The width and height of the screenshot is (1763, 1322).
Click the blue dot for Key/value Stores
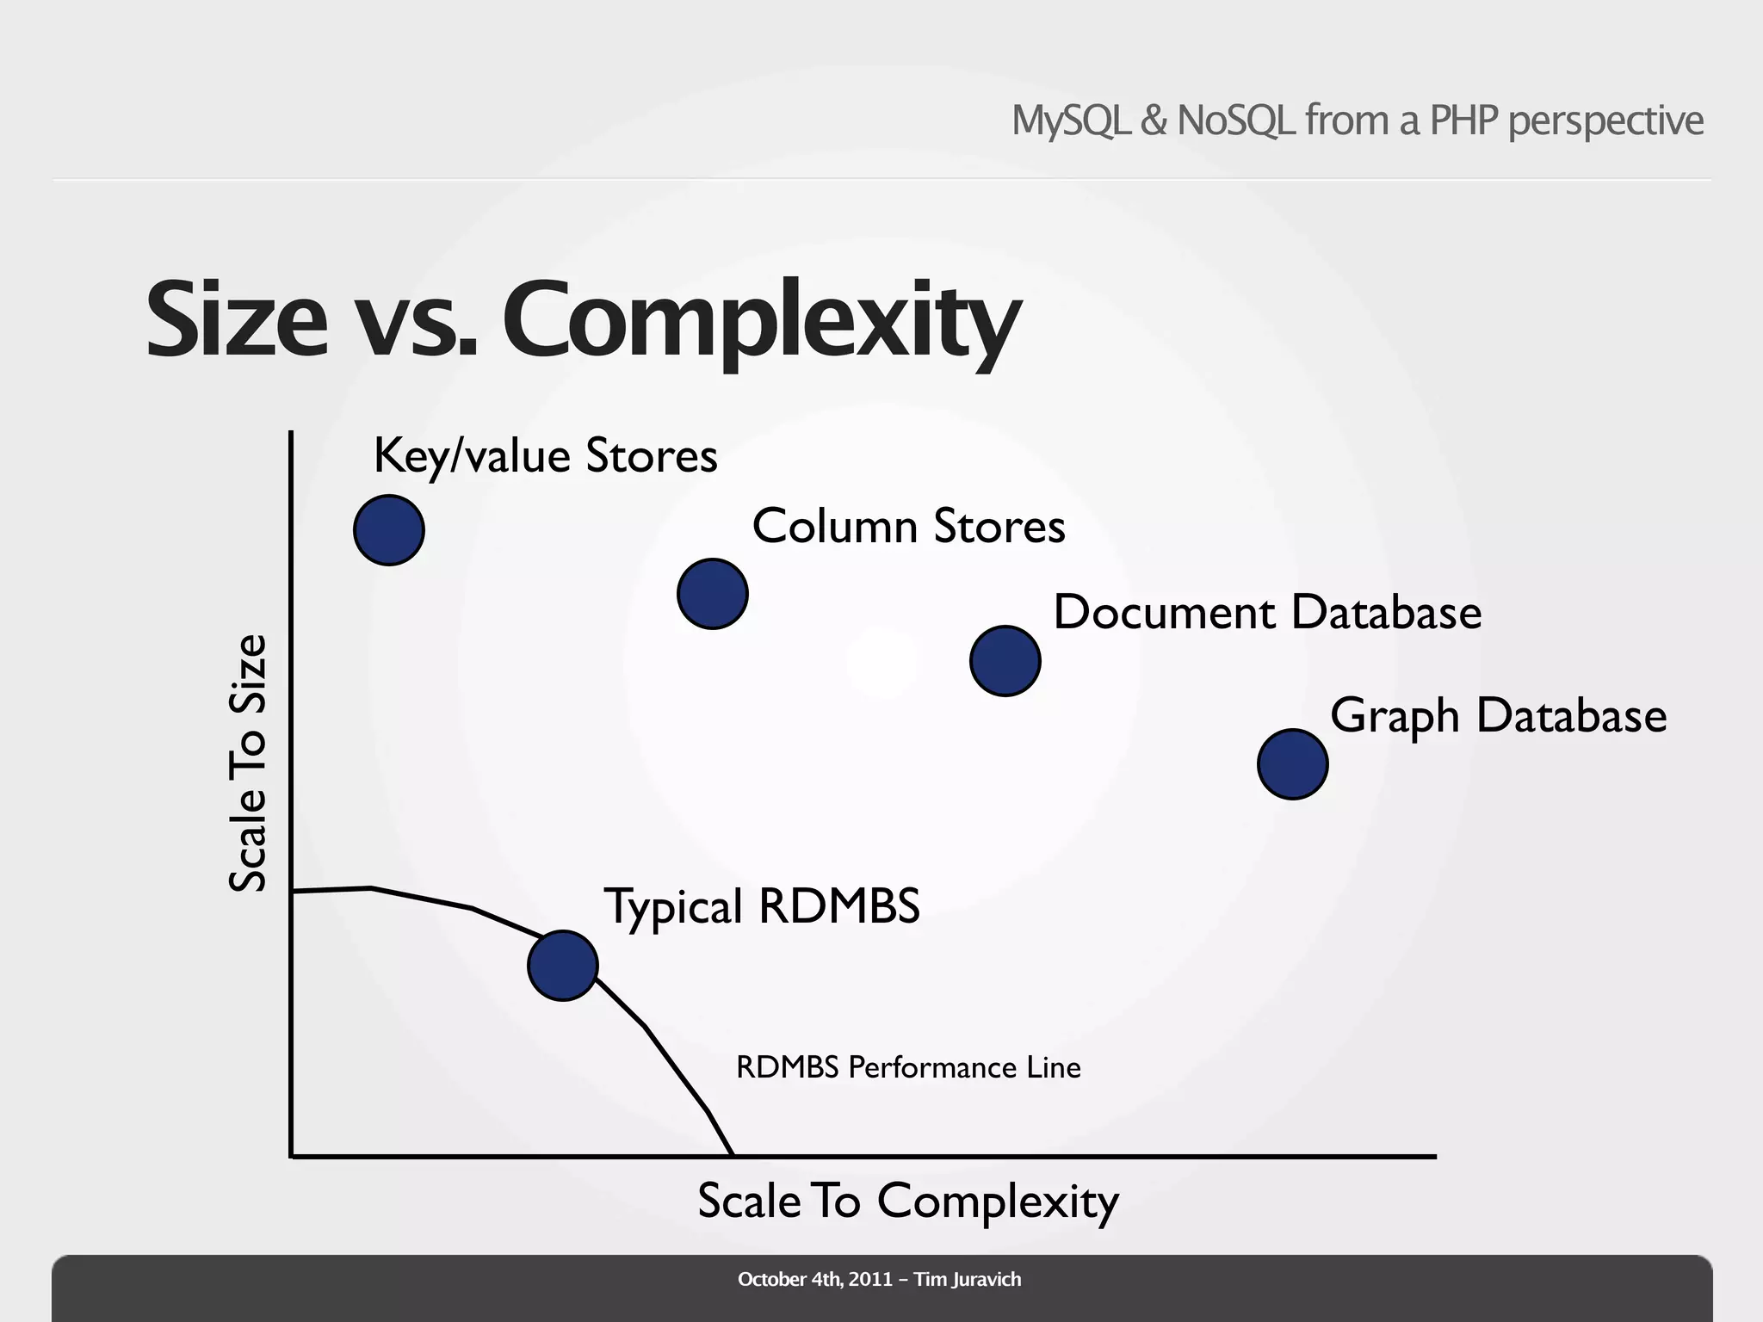[x=389, y=530]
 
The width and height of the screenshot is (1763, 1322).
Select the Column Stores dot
[x=713, y=594]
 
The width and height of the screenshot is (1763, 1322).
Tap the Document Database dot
[x=1005, y=661]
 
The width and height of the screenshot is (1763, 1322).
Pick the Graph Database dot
[x=1293, y=764]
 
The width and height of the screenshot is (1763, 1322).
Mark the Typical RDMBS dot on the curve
[x=563, y=966]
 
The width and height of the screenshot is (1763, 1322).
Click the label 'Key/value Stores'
[x=545, y=455]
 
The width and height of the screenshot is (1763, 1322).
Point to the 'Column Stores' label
[x=908, y=526]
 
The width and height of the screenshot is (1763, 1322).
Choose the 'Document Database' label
[x=1267, y=613]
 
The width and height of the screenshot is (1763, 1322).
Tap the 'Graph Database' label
[x=1498, y=716]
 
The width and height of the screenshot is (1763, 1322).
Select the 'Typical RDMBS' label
[x=762, y=907]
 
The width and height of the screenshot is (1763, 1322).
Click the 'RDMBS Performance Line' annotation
[x=908, y=1067]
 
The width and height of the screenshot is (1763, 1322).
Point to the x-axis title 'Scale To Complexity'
[x=907, y=1202]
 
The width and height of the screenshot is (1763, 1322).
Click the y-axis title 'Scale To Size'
[x=248, y=763]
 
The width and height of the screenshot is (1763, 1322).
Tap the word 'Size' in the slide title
[x=238, y=320]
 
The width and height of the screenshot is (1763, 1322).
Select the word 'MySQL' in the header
[x=1070, y=120]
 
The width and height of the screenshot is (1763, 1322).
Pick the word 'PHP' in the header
[x=1463, y=120]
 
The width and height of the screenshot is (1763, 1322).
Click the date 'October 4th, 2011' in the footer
[x=814, y=1280]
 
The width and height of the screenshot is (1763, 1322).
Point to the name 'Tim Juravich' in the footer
[x=968, y=1280]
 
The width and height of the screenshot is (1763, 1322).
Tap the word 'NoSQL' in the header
[x=1235, y=120]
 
